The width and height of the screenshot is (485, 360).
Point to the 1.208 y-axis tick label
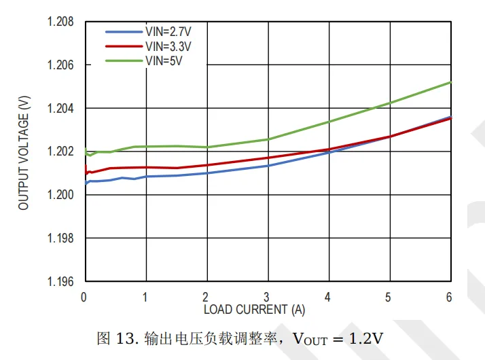point(60,22)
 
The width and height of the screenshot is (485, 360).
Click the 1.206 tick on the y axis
point(60,65)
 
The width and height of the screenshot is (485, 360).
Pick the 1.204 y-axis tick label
point(60,109)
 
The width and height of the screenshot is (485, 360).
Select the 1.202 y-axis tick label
point(60,151)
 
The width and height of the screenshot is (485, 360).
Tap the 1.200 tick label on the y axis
point(60,195)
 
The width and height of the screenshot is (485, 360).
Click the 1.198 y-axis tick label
point(60,238)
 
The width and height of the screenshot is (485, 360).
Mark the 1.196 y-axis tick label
point(60,281)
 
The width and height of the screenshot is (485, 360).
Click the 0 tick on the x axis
point(84,297)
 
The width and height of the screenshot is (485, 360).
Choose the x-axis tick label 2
point(206,297)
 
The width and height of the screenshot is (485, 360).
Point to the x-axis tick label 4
point(328,297)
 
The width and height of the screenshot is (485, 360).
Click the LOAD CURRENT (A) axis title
point(254,310)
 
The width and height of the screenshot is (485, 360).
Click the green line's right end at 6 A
point(450,82)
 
